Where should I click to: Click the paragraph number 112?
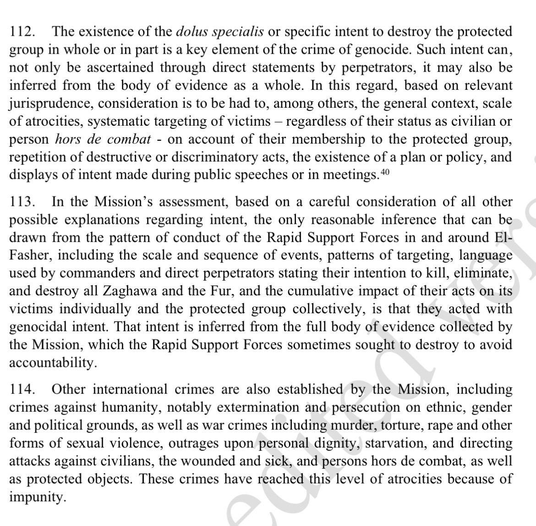pos(22,32)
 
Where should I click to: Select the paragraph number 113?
pos(22,202)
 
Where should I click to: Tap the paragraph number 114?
pos(22,390)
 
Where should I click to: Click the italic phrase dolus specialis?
pos(220,32)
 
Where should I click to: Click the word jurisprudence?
pos(49,104)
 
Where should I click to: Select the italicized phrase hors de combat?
pos(103,139)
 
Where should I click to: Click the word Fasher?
pos(30,255)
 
